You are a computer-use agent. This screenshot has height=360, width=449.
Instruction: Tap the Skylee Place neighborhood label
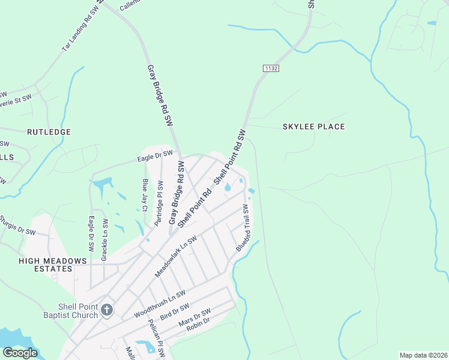click(314, 127)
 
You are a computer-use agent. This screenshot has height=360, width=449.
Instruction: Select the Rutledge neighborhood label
click(49, 131)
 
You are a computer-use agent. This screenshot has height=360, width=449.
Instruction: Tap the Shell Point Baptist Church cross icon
click(106, 310)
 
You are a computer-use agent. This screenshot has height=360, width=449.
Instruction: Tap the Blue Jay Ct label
click(145, 195)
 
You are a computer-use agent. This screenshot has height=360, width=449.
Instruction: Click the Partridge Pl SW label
click(160, 203)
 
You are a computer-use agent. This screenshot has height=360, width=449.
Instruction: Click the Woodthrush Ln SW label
click(159, 304)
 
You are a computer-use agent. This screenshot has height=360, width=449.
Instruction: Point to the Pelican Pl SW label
click(157, 339)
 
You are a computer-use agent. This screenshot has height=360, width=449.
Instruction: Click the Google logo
click(20, 353)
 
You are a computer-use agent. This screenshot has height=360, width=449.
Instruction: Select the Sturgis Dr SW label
click(18, 226)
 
